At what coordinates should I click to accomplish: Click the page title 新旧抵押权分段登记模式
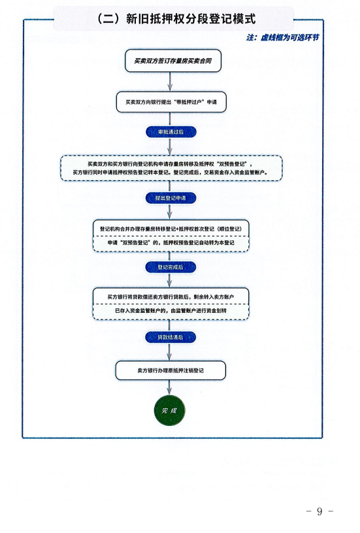[191, 18]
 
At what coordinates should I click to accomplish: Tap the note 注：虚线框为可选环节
[283, 37]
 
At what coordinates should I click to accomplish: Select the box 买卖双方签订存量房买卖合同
[173, 61]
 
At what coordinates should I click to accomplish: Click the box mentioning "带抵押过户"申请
[171, 102]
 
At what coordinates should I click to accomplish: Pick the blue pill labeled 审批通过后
[171, 132]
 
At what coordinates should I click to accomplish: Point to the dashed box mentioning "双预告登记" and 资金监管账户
[171, 169]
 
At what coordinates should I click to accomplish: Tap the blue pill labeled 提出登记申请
[171, 198]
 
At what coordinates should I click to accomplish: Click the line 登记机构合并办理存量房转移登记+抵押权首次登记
[171, 229]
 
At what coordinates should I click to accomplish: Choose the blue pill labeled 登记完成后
[171, 267]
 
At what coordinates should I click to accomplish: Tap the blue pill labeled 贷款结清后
[171, 337]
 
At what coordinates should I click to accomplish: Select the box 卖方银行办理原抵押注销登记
[171, 370]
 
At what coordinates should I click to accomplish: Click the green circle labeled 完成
[170, 410]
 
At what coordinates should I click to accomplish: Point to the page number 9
[319, 511]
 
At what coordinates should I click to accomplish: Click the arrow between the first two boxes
[171, 82]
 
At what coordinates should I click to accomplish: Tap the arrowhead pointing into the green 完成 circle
[170, 392]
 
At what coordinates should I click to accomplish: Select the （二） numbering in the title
[108, 18]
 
